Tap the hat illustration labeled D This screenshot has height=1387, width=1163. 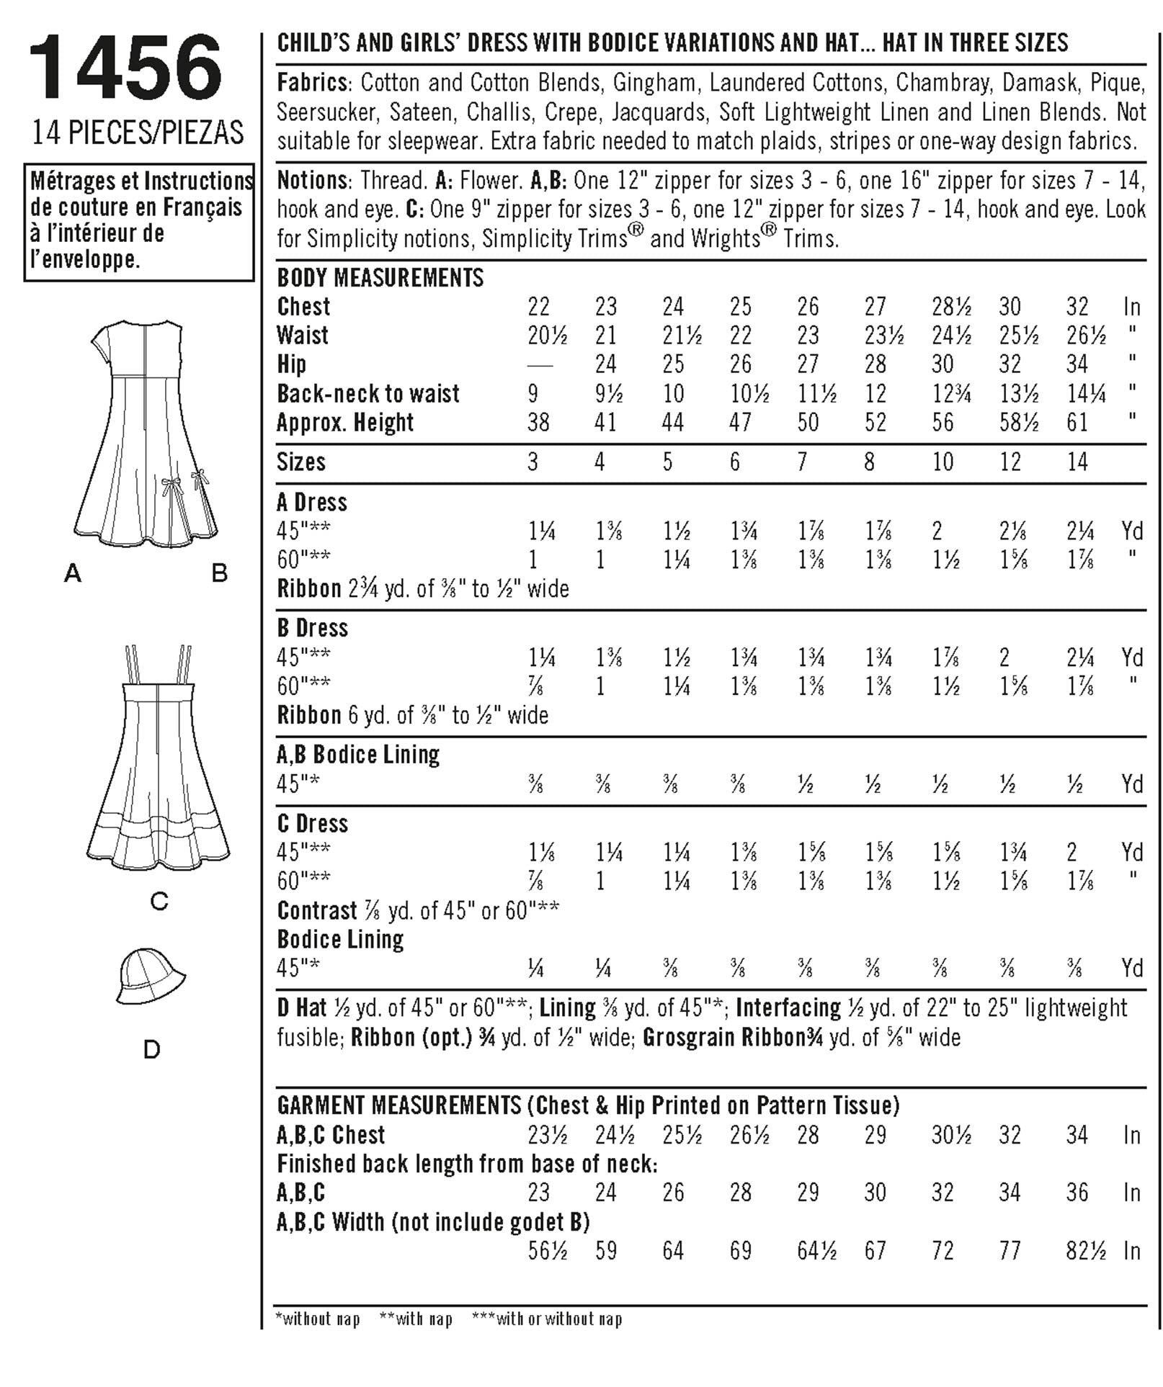150,977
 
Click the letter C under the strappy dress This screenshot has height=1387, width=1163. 159,900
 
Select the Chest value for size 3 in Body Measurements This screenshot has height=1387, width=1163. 538,307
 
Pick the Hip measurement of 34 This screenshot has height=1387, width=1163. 1077,364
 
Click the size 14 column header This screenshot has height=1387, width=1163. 1077,462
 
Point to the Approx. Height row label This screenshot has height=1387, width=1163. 345,423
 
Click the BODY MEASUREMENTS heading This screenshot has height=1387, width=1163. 380,278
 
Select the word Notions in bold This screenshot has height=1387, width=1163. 312,180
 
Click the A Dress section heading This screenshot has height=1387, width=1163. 311,502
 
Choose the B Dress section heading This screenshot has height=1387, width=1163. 312,628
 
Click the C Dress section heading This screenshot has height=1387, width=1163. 312,823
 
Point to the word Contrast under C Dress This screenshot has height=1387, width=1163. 317,910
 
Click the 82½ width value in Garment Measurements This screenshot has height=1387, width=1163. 1085,1251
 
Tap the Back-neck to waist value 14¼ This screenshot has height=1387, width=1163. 1086,394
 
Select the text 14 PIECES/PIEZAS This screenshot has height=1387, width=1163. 138,133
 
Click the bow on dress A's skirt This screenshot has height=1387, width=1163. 171,487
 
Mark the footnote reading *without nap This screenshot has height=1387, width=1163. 318,1319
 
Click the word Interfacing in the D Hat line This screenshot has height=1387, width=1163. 788,1007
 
